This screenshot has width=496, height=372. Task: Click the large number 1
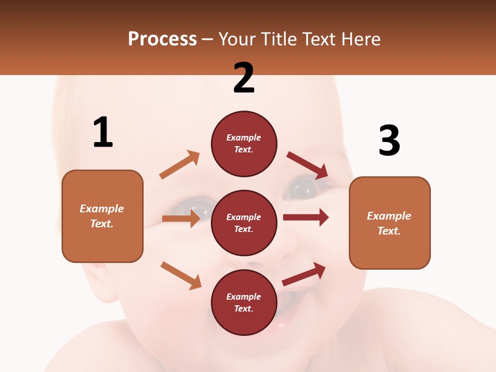(103, 132)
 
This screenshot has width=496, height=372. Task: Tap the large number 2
(244, 78)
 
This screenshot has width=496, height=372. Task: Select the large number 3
(389, 141)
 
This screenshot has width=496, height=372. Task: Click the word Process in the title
(162, 39)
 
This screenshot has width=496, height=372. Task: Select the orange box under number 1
(102, 216)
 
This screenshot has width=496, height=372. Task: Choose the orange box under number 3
(390, 223)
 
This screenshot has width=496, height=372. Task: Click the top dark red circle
(244, 144)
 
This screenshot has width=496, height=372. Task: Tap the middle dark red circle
(244, 223)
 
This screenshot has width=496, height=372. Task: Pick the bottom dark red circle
(244, 302)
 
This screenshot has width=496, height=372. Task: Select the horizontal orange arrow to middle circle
(181, 219)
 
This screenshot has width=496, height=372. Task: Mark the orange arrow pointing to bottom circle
(181, 275)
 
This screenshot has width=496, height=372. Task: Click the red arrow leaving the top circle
(307, 165)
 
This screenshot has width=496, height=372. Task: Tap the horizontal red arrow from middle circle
(306, 218)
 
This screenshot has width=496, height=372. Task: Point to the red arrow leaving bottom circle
(304, 274)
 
